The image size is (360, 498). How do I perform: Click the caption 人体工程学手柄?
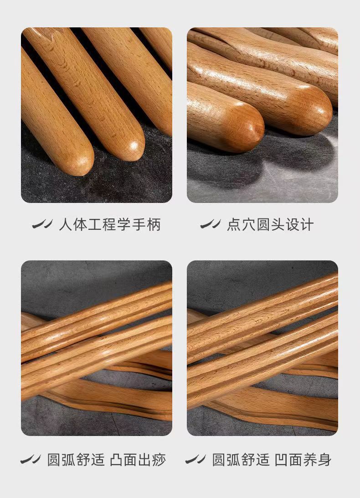110,225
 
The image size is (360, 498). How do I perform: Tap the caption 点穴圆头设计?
270,225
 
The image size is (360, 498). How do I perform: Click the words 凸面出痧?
138,460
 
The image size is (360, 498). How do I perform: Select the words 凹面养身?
303,460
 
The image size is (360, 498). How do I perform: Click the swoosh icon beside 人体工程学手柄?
43,224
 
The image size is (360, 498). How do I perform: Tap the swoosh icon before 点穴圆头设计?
210,224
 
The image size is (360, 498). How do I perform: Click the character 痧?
159,460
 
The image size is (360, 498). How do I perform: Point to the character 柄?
154,225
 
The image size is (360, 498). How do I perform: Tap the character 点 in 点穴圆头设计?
234,225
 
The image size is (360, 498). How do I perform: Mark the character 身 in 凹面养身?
325,460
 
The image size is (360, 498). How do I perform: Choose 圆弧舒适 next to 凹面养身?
241,460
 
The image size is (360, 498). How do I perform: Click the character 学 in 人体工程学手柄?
124,225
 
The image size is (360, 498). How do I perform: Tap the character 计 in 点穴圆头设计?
307,225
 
